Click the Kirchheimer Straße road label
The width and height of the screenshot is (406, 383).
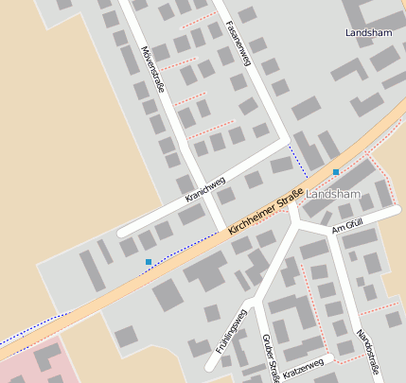click(266, 211)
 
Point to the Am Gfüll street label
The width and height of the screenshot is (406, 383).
click(348, 226)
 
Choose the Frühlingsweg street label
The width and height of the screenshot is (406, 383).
click(230, 330)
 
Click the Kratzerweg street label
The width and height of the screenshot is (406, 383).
click(303, 366)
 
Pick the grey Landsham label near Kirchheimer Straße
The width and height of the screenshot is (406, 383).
click(334, 194)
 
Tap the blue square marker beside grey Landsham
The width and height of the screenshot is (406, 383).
click(336, 172)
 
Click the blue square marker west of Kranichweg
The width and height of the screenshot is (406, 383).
click(148, 261)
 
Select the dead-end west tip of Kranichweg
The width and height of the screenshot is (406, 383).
click(120, 231)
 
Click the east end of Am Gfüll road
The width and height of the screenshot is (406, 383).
click(397, 210)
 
